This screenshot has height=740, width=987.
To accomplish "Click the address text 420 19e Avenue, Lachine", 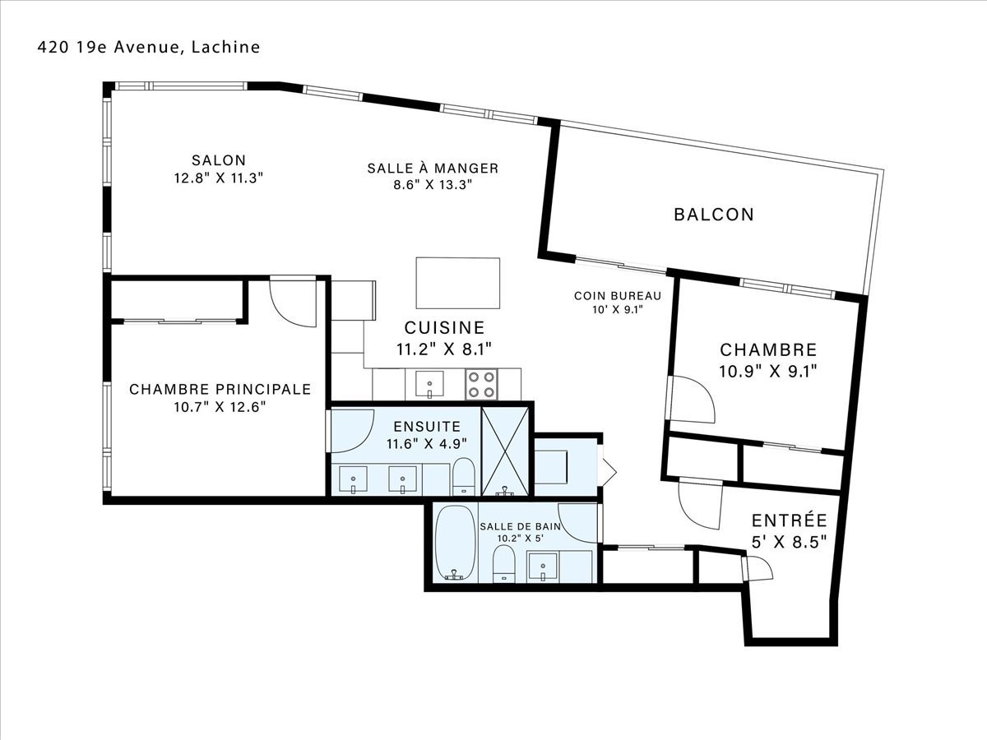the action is click(149, 47).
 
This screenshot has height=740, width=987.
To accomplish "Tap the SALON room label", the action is click(219, 160).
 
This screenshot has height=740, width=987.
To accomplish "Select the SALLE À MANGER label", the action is click(433, 168).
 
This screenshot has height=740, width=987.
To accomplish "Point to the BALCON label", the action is click(714, 215).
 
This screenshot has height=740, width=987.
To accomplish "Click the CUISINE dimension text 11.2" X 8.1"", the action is click(444, 349).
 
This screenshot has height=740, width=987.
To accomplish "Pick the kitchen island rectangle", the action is click(458, 283).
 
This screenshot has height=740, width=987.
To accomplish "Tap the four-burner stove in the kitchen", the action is click(481, 384).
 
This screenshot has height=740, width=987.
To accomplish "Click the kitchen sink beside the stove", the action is click(429, 384).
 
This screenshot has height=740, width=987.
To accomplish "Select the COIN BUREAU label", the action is click(618, 296).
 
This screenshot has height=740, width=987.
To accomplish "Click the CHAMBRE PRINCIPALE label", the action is click(220, 389).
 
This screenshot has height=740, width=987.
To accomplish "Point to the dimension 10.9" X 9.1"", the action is click(768, 372).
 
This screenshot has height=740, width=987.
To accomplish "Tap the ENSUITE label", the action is click(427, 426).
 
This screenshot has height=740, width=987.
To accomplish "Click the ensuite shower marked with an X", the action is click(505, 451).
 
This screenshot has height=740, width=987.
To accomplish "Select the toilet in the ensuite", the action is click(464, 476).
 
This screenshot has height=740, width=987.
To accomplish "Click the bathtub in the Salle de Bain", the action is click(455, 543).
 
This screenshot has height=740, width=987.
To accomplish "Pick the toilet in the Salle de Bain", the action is click(504, 564).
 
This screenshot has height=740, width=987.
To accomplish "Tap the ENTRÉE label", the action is click(790, 520).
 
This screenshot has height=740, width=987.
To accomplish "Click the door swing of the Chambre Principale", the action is click(293, 304).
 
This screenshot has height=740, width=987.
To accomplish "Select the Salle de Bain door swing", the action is click(579, 524).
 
